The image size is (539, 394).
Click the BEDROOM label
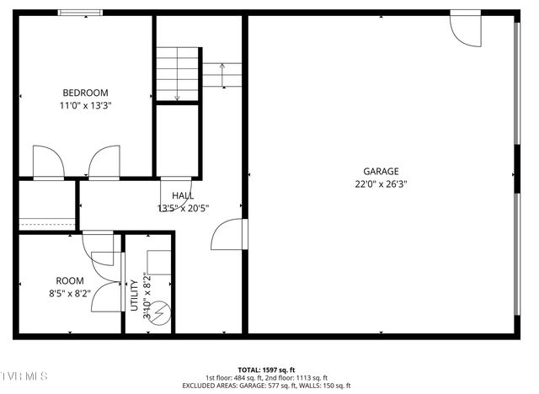tap(85, 93)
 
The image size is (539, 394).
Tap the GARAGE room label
tap(381, 171)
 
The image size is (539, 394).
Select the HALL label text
tap(182, 195)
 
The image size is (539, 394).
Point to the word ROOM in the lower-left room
tap(70, 281)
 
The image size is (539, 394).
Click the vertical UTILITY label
tap(135, 295)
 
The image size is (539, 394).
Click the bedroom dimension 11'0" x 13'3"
tap(85, 106)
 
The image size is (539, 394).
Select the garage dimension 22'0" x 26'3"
tap(381, 184)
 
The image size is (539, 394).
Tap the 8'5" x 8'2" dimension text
tap(70, 294)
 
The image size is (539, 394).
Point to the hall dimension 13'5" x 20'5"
tap(183, 208)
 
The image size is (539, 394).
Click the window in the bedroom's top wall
tap(81, 13)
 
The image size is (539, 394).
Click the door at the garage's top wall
tap(464, 27)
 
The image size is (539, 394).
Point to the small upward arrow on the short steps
tap(221, 76)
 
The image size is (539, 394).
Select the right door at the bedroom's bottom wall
tap(105, 162)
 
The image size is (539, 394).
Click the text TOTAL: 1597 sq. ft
tap(265, 370)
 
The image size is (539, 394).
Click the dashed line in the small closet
tap(46, 223)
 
